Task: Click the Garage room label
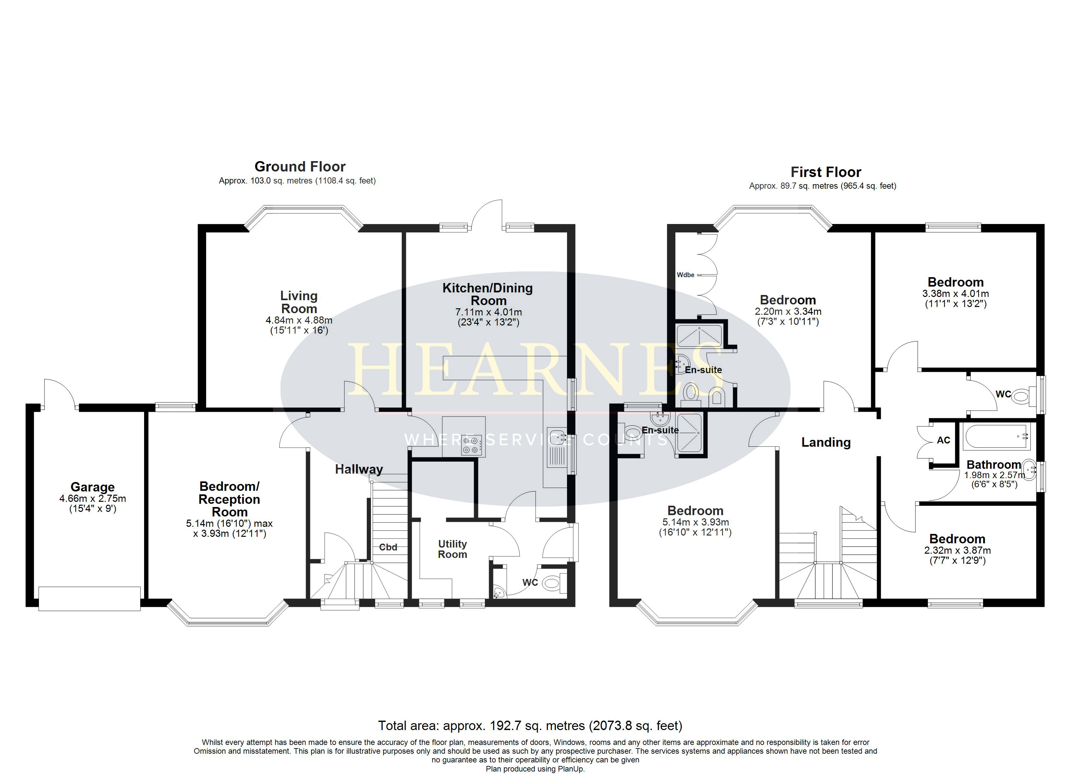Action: (x=92, y=487)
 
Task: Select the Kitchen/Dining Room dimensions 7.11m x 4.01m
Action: (x=488, y=312)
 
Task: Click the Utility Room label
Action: (x=452, y=549)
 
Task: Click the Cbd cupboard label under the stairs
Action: (x=388, y=547)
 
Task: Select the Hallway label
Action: (x=359, y=469)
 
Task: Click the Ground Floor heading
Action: (x=300, y=167)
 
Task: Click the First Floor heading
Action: (x=826, y=172)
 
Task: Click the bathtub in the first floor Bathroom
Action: (x=997, y=437)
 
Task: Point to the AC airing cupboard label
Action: (x=943, y=440)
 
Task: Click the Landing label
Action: (x=826, y=442)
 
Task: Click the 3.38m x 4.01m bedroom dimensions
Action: (x=956, y=293)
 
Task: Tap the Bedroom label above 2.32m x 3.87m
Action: (x=957, y=539)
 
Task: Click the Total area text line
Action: (x=530, y=725)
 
